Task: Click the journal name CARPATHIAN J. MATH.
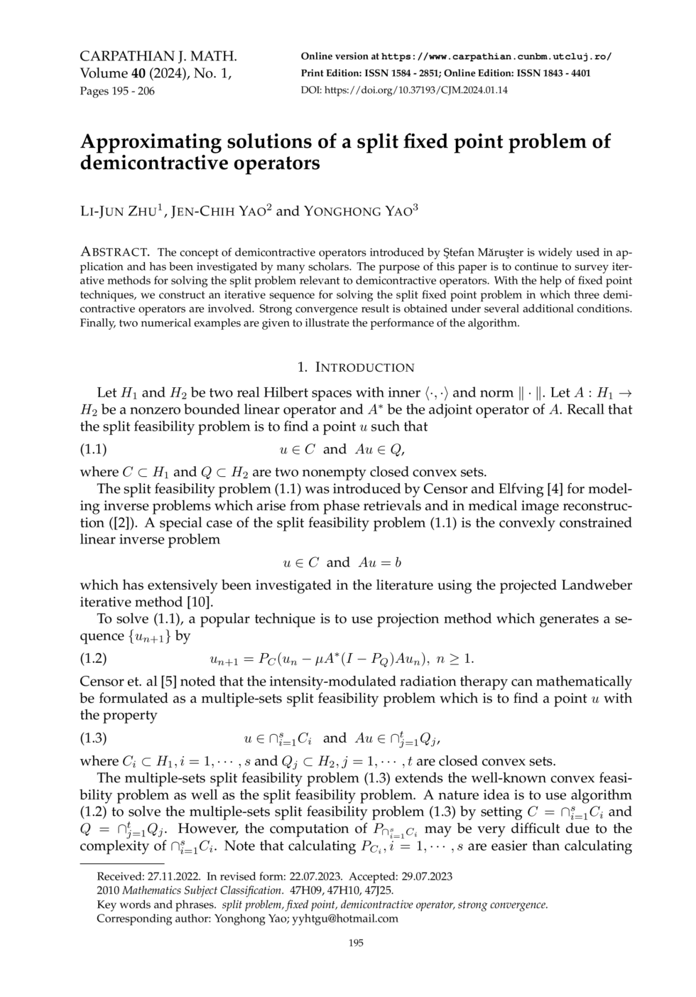[x=158, y=57]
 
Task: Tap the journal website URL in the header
[x=496, y=57]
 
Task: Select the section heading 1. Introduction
[x=355, y=367]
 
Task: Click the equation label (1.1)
[x=93, y=449]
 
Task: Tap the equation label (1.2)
[x=93, y=658]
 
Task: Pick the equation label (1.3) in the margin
[x=93, y=738]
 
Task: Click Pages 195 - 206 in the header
[x=117, y=91]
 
